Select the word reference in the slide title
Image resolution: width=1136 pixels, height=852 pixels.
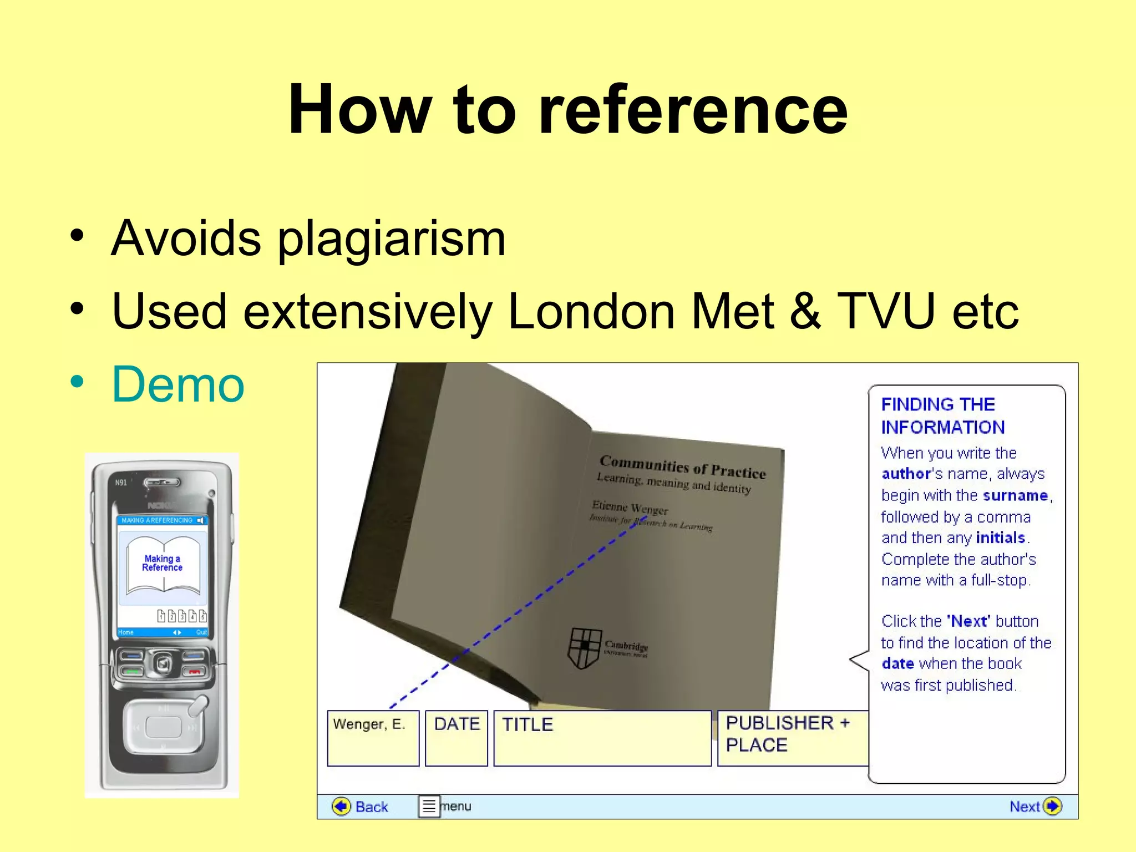693,109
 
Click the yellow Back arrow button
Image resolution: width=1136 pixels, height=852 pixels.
341,806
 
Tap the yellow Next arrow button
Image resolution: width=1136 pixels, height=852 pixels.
1052,806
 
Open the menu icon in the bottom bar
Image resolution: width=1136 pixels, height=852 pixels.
429,806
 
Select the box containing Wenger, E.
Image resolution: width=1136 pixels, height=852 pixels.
373,738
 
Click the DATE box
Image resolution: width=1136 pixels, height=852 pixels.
456,738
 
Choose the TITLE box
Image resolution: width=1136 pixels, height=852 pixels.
602,738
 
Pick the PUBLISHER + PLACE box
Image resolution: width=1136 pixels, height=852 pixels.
792,738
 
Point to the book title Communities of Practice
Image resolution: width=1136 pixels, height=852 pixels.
683,466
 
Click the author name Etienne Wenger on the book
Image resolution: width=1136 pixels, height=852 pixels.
630,508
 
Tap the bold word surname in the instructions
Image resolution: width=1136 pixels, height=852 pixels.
1015,495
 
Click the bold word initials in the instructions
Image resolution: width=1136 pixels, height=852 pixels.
1000,537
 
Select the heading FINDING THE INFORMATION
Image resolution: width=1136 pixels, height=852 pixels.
943,415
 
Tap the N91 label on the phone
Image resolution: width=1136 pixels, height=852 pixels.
121,483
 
